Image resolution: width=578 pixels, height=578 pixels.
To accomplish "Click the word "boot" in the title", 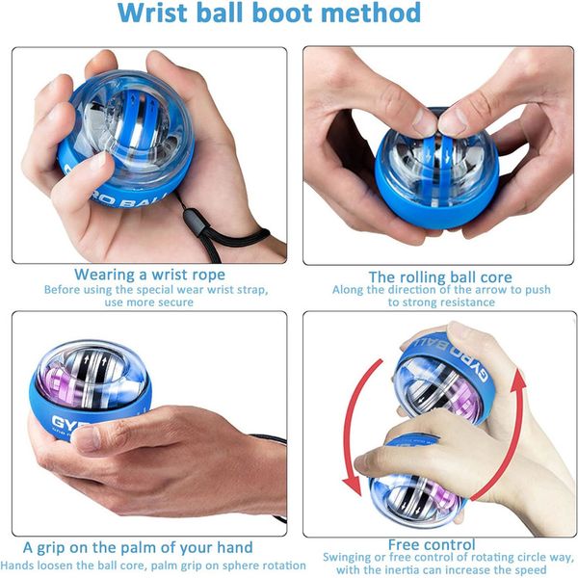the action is tap(283, 13).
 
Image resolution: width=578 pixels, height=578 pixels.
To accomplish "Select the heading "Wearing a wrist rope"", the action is tap(149, 275).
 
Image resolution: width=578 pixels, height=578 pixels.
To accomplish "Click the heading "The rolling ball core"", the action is tap(440, 277).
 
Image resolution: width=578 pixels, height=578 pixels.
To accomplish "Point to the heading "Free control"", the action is tap(432, 544).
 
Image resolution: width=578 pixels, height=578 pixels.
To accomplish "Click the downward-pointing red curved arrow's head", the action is tap(352, 486).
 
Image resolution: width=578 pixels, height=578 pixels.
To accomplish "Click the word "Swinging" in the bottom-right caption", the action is tap(346, 558).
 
